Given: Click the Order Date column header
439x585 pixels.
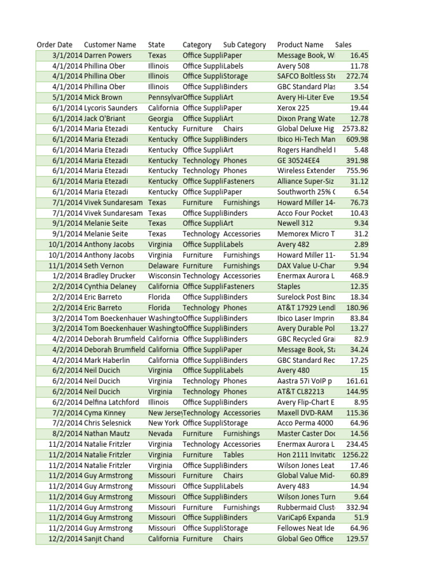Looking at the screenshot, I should tap(54, 45).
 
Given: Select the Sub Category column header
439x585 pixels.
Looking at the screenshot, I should tap(244, 45).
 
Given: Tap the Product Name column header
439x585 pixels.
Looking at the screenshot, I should tap(300, 45).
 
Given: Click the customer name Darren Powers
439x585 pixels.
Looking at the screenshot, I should tap(107, 55).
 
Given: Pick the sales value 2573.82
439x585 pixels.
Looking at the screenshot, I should tap(356, 129).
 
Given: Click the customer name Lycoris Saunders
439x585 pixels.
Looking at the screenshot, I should tap(111, 108).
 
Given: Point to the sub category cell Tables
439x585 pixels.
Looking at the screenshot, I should tap(233, 455).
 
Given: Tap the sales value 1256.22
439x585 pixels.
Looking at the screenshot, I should tap(356, 455).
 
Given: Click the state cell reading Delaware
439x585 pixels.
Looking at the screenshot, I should tap(163, 266).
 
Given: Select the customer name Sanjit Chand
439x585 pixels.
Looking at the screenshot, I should tap(104, 539).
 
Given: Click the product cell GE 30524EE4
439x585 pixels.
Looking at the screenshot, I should tap(298, 161).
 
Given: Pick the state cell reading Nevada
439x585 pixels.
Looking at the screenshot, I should tap(160, 434).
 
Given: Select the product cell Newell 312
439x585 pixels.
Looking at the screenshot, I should tap(295, 223).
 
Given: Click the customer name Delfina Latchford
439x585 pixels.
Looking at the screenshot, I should tap(111, 402).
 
